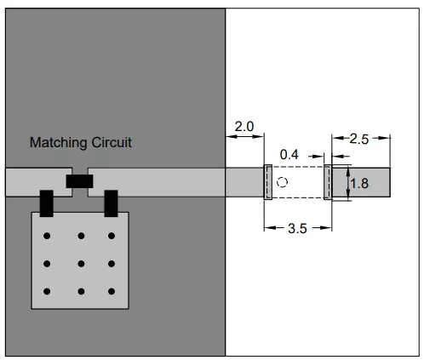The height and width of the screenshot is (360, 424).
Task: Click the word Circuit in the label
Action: [x=110, y=143]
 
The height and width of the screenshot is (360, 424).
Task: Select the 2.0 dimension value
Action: [x=244, y=127]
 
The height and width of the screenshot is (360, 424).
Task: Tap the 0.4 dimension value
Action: [x=289, y=154]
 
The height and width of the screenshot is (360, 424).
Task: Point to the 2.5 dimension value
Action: [x=359, y=140]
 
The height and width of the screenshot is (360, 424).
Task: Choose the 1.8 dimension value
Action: [x=360, y=183]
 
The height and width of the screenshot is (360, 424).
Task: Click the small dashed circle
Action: [x=284, y=182]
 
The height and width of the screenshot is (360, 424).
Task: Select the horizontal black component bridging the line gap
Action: [x=79, y=181]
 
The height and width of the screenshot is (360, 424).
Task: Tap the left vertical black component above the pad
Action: [x=46, y=203]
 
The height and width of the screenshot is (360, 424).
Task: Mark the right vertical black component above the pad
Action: [x=111, y=203]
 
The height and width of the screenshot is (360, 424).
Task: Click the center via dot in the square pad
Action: [x=81, y=264]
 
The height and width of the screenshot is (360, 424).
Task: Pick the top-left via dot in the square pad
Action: [x=49, y=236]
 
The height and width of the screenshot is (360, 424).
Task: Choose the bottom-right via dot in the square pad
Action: [x=112, y=292]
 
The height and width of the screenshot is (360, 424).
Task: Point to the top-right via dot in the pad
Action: [x=112, y=236]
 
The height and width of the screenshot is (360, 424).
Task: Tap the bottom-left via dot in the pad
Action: [x=49, y=292]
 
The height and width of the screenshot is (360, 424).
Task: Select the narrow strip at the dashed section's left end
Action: [x=267, y=182]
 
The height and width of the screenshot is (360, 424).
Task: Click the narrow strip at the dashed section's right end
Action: [x=328, y=182]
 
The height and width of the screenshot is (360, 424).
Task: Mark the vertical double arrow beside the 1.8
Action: [x=349, y=183]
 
